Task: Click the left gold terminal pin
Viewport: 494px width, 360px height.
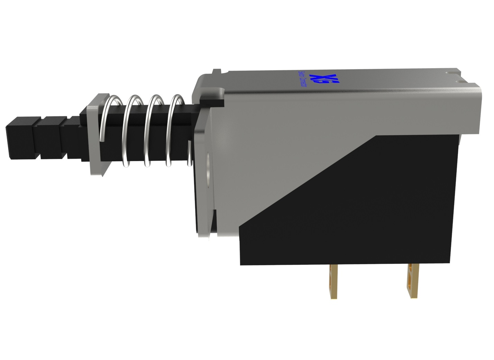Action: tap(333, 281)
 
